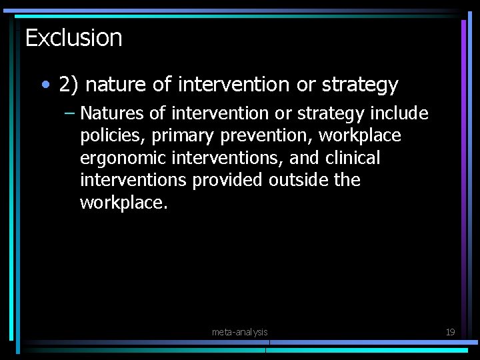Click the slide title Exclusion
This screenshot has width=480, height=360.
click(73, 38)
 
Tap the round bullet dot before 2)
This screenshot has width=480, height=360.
click(45, 85)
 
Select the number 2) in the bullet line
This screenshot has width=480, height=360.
click(69, 85)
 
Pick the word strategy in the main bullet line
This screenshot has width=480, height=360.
click(360, 85)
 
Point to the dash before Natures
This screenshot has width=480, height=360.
click(70, 113)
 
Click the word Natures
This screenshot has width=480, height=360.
click(112, 114)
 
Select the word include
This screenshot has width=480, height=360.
click(399, 114)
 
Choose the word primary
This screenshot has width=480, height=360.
click(182, 136)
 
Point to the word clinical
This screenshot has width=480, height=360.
click(353, 158)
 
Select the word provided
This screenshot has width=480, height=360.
click(227, 180)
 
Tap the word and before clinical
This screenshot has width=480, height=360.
click(305, 158)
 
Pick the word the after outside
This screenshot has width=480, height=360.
click(347, 180)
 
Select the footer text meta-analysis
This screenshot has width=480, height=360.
click(239, 332)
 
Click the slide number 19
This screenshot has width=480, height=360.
click(450, 332)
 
